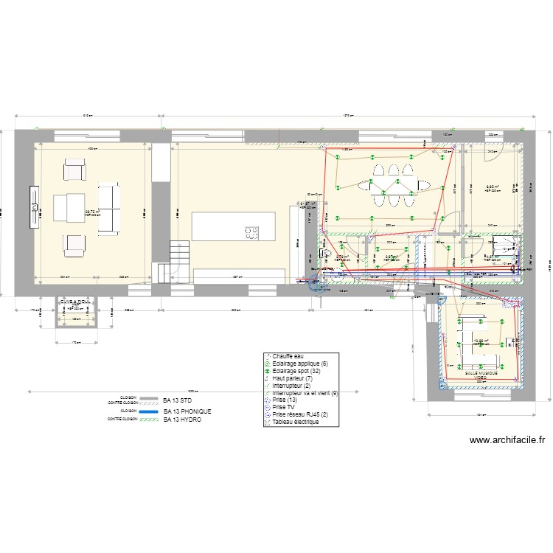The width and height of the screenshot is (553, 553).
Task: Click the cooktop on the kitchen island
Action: [x=252, y=232]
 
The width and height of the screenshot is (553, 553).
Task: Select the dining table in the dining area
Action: [x=392, y=184]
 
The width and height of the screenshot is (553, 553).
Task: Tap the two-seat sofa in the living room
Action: [x=108, y=208]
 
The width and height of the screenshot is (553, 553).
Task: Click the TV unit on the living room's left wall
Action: [x=34, y=208]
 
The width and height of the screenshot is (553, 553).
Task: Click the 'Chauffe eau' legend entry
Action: [x=287, y=357]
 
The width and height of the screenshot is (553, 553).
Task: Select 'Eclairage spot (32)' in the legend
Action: [x=298, y=372]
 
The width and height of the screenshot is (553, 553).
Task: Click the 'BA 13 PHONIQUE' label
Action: [x=187, y=410]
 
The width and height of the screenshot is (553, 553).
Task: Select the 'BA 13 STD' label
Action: [x=178, y=400]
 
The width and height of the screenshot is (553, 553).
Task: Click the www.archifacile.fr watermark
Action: [x=507, y=440]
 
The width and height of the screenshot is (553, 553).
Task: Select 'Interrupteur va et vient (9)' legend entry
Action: [x=305, y=394]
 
